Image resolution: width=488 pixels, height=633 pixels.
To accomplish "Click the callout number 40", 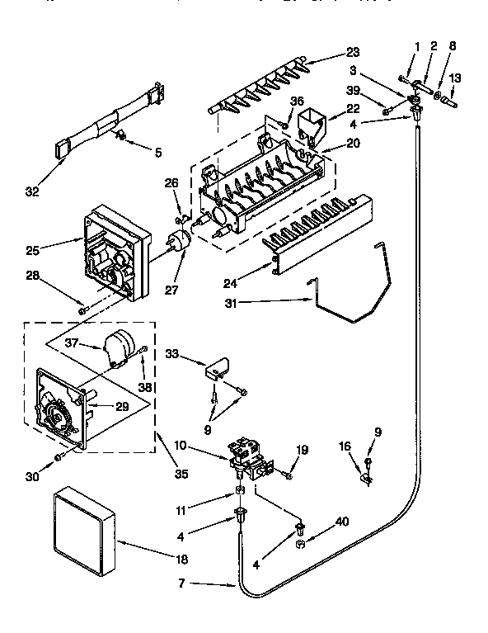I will pyautogui.click(x=340, y=522).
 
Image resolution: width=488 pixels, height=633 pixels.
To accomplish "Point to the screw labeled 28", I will pyautogui.click(x=82, y=309).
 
